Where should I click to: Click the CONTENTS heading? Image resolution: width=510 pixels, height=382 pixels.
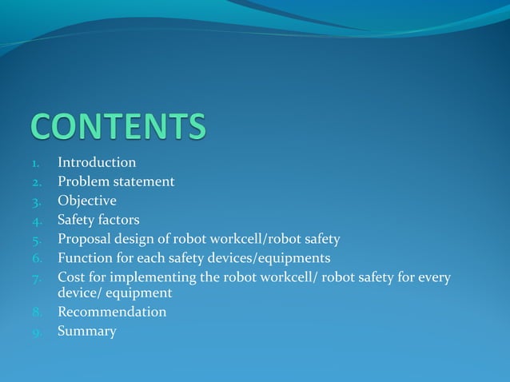(x=119, y=127)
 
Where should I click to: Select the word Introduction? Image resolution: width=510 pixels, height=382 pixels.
(x=97, y=163)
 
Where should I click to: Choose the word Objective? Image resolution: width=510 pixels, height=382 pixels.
(x=87, y=201)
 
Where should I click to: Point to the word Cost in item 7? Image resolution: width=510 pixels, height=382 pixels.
(x=71, y=278)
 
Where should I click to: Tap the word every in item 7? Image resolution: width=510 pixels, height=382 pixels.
(x=432, y=278)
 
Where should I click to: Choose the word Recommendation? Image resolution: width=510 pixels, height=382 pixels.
(x=112, y=312)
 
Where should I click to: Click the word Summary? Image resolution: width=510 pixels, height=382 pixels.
(x=87, y=332)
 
